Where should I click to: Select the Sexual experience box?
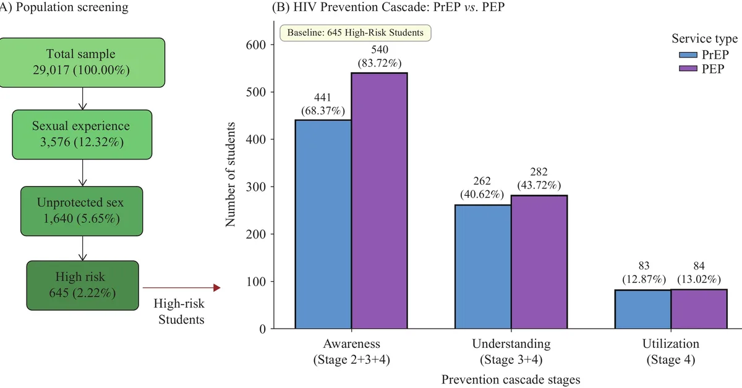coord(81,133)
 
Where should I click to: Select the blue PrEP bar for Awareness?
coord(323,224)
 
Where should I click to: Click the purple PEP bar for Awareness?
coord(380,201)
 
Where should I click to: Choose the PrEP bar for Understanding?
coord(483,266)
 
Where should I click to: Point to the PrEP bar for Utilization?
coord(643,309)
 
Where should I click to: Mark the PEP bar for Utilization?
coord(699,308)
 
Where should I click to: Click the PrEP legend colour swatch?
coord(688,56)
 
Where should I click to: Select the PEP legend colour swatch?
coord(688,68)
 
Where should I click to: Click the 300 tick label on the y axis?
coord(256,187)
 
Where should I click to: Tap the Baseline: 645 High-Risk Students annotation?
coord(355,33)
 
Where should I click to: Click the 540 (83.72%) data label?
coord(380,56)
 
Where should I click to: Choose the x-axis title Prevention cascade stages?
coord(511,379)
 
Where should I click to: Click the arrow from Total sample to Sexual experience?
coord(82,98)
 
